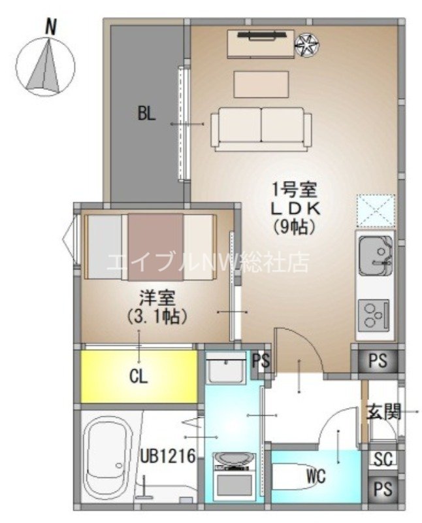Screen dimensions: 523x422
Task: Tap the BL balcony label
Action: (x=146, y=114)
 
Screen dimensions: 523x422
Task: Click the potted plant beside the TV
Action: (x=307, y=44)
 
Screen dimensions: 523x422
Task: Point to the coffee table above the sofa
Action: (x=261, y=83)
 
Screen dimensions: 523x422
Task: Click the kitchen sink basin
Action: (x=376, y=251)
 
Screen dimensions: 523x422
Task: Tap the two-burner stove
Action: (x=375, y=314)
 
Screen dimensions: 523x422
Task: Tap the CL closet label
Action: (x=138, y=377)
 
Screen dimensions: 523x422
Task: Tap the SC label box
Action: (x=383, y=460)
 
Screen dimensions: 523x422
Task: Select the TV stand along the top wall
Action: (x=260, y=43)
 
